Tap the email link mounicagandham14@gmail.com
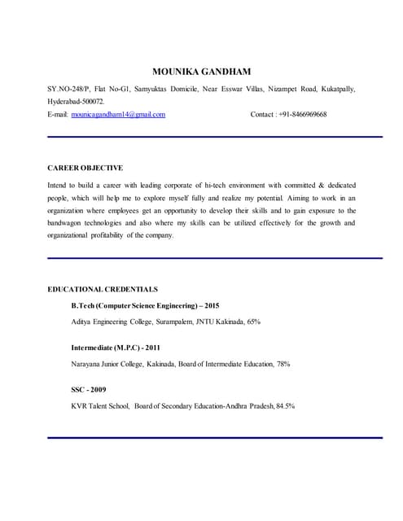tap(118, 115)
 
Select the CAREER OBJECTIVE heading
tap(85, 168)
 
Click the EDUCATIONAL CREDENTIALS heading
tap(103, 289)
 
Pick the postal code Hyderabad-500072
tap(77, 101)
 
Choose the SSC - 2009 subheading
tap(89, 389)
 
